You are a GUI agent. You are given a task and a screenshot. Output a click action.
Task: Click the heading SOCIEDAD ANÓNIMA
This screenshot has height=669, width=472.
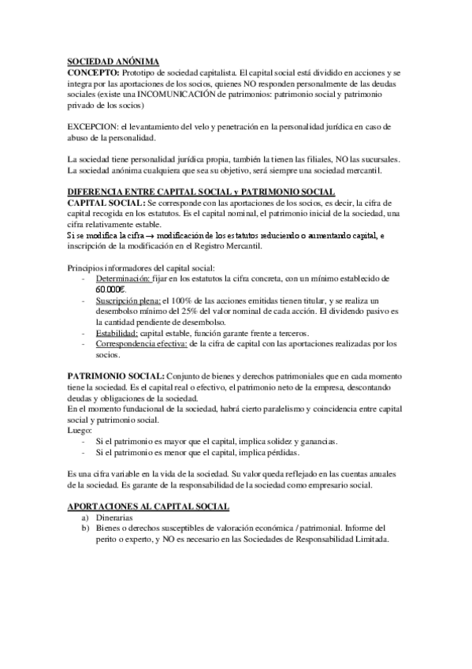tap(112, 61)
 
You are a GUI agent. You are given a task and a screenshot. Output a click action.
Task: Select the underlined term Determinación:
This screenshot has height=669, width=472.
tap(123, 279)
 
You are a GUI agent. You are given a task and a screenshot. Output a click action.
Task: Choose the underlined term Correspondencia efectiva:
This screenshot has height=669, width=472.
tap(142, 345)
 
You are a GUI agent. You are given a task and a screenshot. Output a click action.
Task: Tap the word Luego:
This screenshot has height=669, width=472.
tap(80, 431)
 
